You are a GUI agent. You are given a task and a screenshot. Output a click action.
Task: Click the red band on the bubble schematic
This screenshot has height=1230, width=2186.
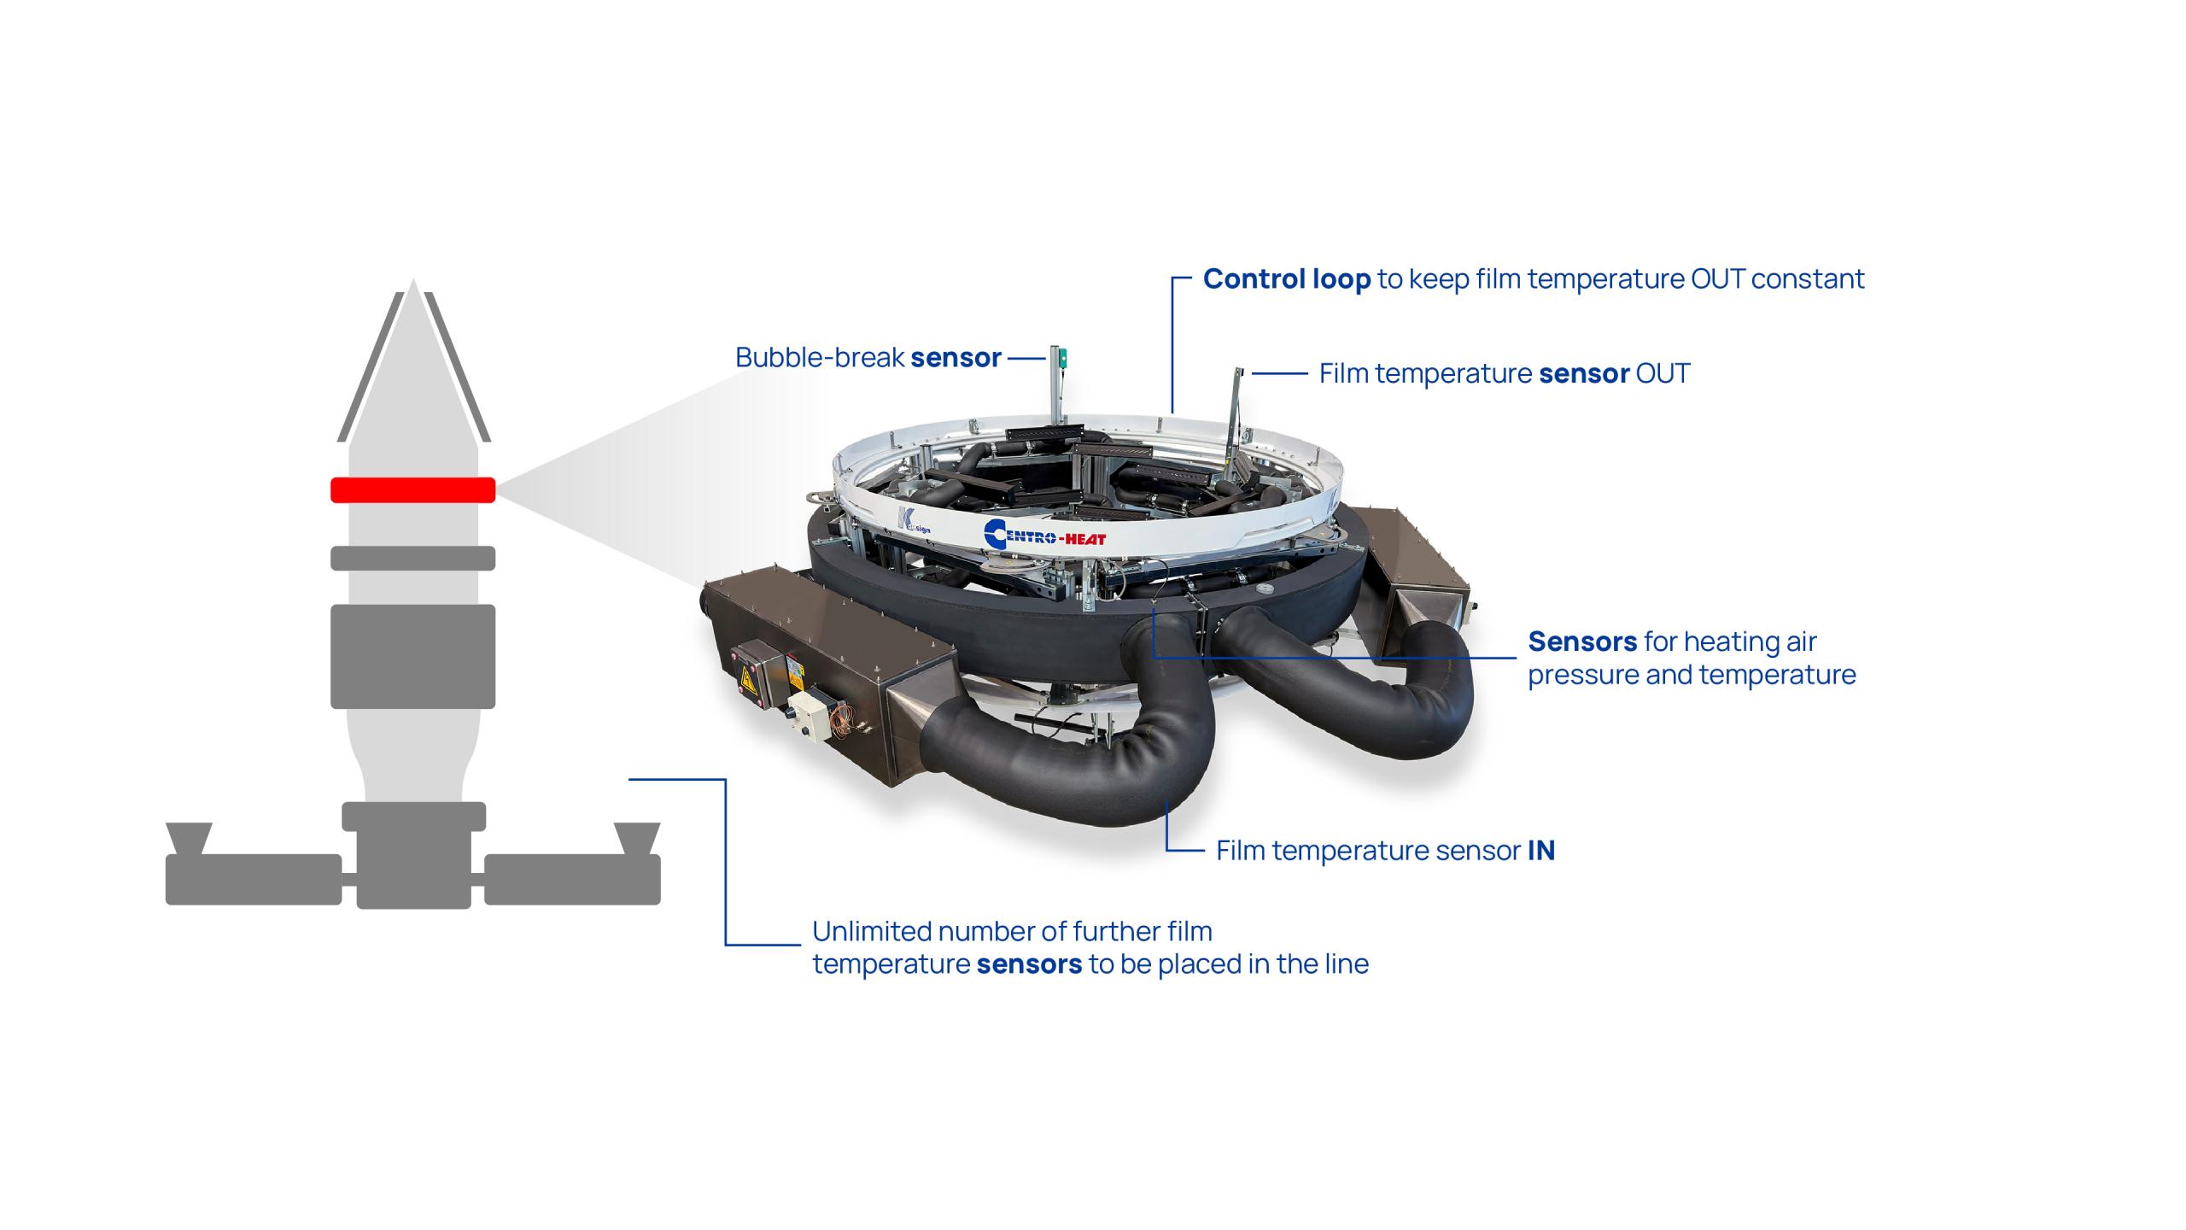click(x=413, y=489)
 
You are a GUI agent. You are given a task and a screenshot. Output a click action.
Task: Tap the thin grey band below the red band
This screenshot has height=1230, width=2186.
click(x=413, y=558)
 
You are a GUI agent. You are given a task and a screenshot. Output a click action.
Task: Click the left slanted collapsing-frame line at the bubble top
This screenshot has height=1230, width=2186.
click(x=370, y=367)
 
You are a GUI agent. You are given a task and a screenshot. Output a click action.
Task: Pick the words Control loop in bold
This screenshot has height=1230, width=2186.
click(x=1287, y=279)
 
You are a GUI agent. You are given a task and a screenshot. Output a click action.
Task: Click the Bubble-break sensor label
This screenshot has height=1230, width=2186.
click(x=868, y=357)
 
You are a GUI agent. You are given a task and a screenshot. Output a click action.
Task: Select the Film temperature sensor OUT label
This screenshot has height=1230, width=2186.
click(x=1505, y=373)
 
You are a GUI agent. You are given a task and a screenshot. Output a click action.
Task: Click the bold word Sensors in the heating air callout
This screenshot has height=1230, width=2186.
click(x=1582, y=641)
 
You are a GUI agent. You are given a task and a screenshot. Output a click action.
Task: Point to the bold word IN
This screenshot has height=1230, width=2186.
click(x=1541, y=851)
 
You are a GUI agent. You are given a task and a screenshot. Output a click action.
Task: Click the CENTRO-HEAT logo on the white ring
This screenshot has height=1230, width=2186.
click(x=1044, y=535)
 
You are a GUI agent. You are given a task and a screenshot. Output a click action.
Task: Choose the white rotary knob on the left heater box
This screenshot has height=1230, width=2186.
click(x=803, y=708)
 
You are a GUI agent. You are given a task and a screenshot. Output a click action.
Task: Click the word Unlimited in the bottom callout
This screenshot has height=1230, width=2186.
click(x=869, y=931)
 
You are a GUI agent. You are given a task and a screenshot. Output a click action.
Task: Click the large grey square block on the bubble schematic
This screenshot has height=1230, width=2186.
click(x=413, y=656)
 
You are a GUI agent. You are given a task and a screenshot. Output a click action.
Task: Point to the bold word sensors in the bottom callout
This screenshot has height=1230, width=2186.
click(x=1029, y=964)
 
